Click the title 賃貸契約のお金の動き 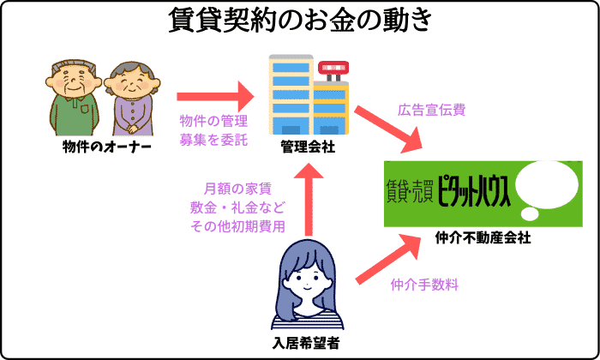tap(299, 21)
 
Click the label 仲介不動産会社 tap(483, 237)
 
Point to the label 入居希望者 tap(307, 345)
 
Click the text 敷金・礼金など tap(237, 207)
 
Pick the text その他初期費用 tap(237, 225)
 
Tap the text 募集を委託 tap(213, 139)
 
